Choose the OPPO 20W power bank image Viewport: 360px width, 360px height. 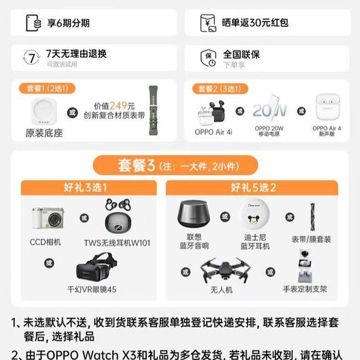[x=269, y=109]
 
